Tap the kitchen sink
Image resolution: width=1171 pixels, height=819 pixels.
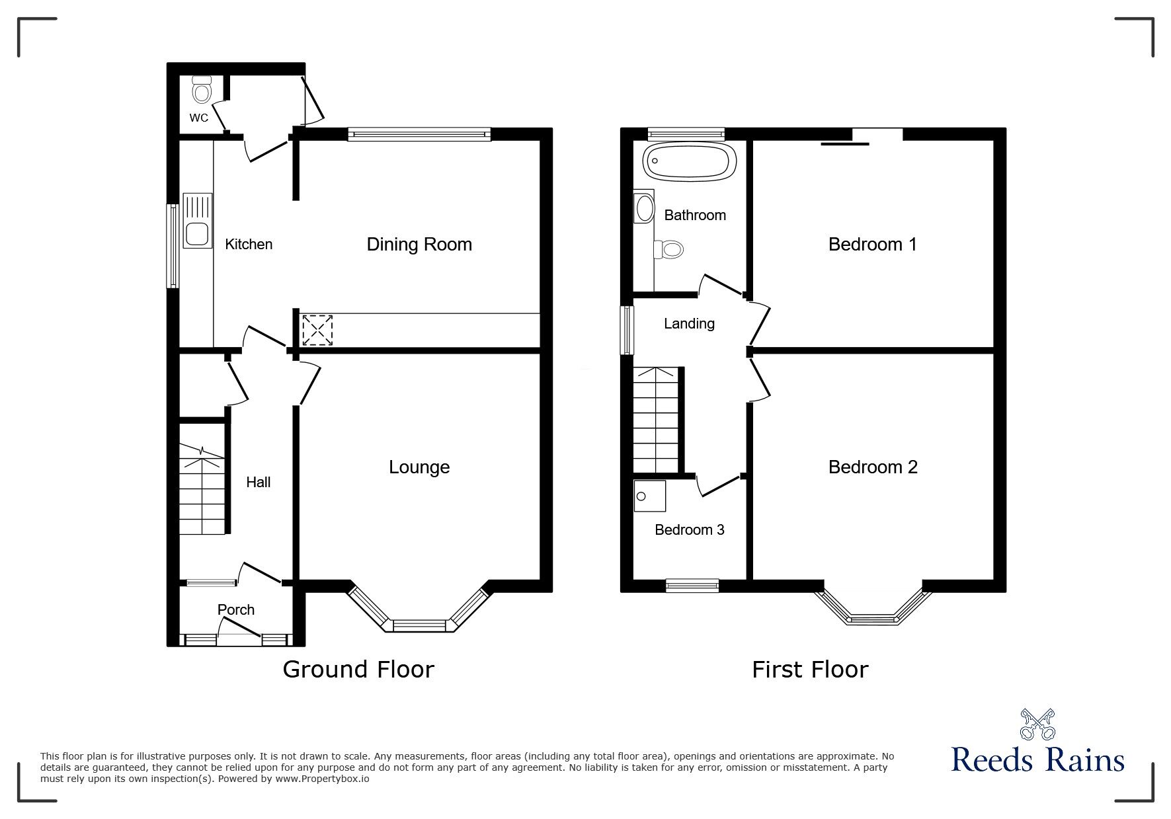(197, 233)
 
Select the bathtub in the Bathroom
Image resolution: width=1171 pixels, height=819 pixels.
(690, 160)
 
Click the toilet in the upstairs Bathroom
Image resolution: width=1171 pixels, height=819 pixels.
(670, 249)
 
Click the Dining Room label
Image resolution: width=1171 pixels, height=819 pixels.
(419, 245)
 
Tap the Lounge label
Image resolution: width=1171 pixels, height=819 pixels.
(419, 467)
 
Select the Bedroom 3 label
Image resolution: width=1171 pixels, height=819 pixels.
(689, 529)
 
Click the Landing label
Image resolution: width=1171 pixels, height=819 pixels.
(689, 323)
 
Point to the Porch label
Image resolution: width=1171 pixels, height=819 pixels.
(236, 609)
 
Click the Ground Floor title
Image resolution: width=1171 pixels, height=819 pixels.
(358, 670)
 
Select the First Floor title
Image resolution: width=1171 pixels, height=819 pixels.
(809, 670)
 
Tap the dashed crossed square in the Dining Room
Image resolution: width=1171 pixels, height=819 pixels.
(317, 331)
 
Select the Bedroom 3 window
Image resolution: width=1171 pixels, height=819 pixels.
(692, 584)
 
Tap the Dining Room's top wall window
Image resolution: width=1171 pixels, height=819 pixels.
(419, 134)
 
